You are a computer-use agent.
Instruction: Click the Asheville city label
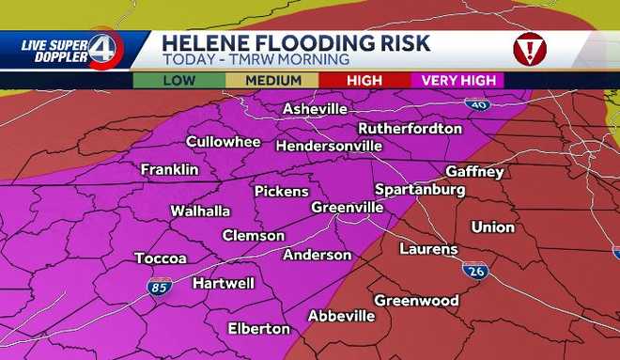click(316, 110)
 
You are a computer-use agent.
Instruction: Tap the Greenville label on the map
click(347, 207)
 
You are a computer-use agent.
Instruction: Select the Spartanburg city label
click(420, 189)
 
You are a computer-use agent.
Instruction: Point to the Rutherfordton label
click(410, 128)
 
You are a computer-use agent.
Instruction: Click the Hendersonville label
click(329, 146)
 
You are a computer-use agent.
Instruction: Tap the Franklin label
click(169, 169)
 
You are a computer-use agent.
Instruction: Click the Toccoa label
click(161, 258)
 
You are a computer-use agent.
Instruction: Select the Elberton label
click(259, 328)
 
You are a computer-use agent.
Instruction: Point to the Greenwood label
click(416, 300)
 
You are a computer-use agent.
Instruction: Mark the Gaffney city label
click(474, 172)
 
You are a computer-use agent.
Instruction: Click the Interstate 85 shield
click(158, 287)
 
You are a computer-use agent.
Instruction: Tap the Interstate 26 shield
click(474, 270)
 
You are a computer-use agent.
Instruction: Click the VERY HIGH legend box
click(457, 81)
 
